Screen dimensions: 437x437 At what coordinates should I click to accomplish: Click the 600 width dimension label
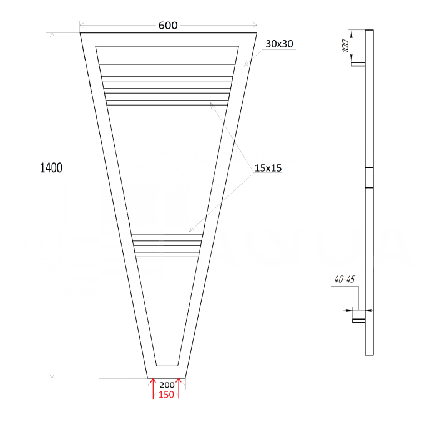click(x=168, y=26)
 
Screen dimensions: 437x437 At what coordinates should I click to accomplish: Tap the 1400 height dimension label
click(x=51, y=168)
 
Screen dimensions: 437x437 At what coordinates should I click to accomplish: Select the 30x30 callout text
click(x=279, y=44)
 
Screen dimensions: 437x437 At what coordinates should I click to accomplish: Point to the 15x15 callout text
click(x=268, y=168)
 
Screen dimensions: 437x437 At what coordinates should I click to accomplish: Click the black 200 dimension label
click(x=167, y=385)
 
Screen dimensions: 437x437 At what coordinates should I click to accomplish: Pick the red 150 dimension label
click(x=166, y=395)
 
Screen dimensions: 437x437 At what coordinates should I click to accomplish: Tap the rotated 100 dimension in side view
click(x=345, y=46)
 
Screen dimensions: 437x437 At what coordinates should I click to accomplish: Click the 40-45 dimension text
click(x=345, y=279)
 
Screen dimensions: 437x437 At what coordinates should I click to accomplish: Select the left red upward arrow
click(x=153, y=388)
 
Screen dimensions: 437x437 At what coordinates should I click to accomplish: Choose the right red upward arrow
click(x=179, y=388)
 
